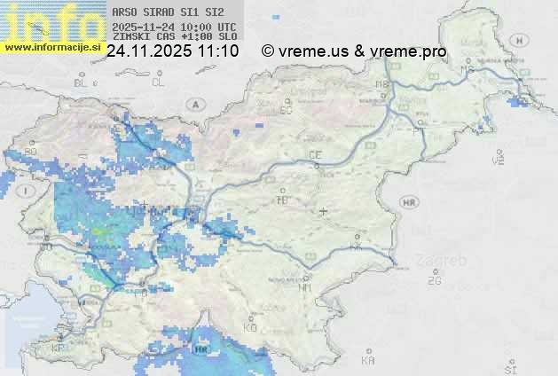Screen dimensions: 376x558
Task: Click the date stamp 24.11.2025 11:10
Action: click(x=172, y=51)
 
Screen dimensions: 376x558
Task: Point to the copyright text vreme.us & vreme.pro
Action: click(x=354, y=51)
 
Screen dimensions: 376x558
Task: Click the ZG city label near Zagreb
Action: click(x=434, y=281)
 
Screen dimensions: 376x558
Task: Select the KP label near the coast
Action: click(x=59, y=349)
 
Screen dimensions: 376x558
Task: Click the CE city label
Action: click(x=315, y=155)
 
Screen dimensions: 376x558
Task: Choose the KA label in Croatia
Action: click(x=368, y=361)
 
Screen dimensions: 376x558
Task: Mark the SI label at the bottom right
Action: click(x=509, y=368)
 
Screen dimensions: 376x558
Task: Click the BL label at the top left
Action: click(x=82, y=82)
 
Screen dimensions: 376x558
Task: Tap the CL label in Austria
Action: click(x=158, y=82)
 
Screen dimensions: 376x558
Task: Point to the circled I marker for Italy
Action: click(x=28, y=191)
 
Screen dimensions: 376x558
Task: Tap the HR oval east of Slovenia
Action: click(x=410, y=203)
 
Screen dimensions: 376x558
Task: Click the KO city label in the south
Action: click(x=250, y=328)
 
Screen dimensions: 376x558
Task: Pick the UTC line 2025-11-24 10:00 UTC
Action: click(x=174, y=27)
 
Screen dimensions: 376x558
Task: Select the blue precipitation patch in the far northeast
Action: click(x=514, y=102)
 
